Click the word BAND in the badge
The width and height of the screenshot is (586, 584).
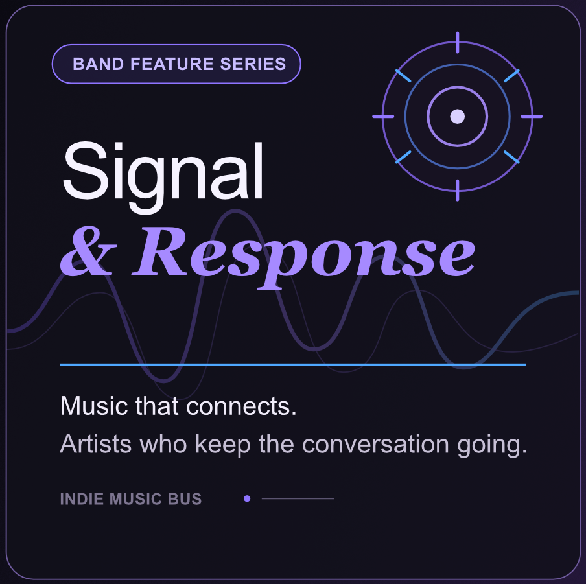[x=98, y=64]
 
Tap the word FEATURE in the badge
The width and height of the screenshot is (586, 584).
[x=172, y=64]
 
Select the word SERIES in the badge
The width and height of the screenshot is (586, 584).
[x=253, y=64]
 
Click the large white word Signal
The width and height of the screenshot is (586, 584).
[x=163, y=176]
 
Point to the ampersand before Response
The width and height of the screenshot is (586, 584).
[x=89, y=251]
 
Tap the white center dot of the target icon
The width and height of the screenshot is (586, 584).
[x=458, y=116]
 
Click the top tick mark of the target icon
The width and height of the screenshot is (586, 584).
[x=458, y=43]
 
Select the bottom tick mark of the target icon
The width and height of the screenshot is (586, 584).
[x=458, y=190]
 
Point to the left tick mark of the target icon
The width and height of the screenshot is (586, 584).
[x=383, y=116]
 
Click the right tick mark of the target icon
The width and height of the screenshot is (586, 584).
[x=532, y=116]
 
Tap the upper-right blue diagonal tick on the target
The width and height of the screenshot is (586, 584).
[x=511, y=76]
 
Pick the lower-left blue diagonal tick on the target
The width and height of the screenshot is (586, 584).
[x=403, y=157]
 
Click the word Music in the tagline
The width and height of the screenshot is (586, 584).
[x=94, y=406]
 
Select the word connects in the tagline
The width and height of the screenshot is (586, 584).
[x=241, y=406]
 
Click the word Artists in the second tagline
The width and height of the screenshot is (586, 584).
[x=96, y=444]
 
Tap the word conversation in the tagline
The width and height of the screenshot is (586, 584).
[x=375, y=444]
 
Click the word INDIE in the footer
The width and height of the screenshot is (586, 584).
[x=82, y=499]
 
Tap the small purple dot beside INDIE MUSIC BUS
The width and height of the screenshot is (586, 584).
[x=247, y=498]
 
